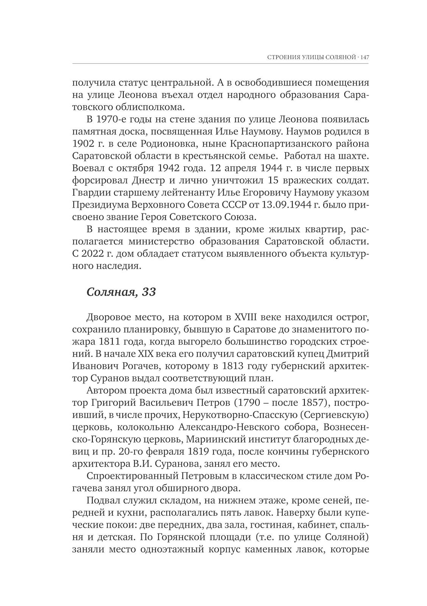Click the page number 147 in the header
[x=365, y=58]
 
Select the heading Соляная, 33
[x=121, y=292]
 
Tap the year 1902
[x=83, y=144]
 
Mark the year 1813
[x=235, y=366]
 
